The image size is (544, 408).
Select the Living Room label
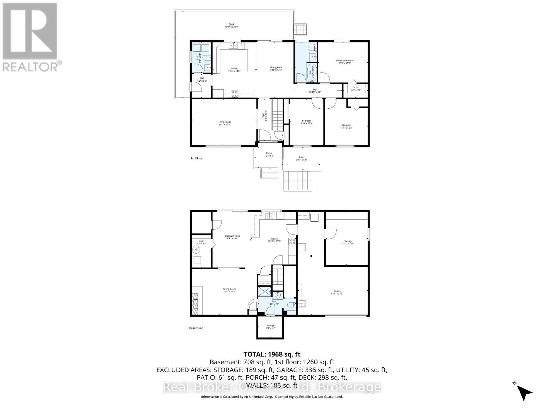click(224, 123)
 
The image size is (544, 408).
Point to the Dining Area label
click(276, 68)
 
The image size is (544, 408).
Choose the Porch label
click(269, 154)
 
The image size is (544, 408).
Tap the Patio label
click(301, 158)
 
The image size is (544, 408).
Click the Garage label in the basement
click(337, 292)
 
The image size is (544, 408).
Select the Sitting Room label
click(229, 290)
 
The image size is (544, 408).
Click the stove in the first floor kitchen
click(234, 93)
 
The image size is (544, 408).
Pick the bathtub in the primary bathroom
click(311, 73)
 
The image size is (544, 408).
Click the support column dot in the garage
click(311, 256)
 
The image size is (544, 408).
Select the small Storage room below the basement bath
click(270, 327)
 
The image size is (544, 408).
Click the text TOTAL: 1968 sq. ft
click(272, 354)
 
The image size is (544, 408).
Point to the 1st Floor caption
click(196, 158)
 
